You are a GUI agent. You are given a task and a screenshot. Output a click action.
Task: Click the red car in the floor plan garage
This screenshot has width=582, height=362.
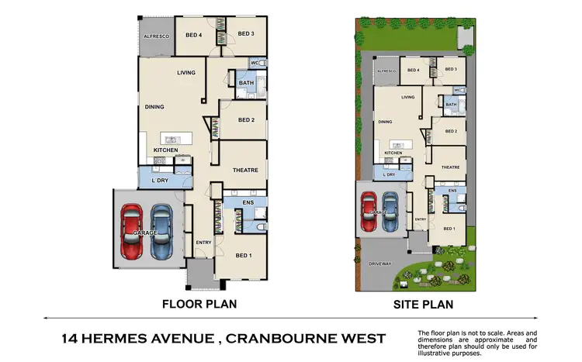(x=133, y=231)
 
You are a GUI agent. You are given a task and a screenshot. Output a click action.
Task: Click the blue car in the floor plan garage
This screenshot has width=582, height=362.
(x=161, y=231)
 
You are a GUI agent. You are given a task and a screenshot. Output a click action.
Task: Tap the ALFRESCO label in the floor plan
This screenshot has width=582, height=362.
(x=155, y=36)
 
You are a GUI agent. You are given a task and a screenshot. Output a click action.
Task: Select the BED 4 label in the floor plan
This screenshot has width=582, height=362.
(x=194, y=33)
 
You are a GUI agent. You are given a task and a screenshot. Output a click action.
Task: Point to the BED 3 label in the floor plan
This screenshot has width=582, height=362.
(x=246, y=33)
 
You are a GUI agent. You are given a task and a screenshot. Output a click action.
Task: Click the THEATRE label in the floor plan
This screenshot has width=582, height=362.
(x=244, y=170)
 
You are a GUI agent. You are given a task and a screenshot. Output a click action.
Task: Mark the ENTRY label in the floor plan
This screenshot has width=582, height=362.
(x=203, y=243)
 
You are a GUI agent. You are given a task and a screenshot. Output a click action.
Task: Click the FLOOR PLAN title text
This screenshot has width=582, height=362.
(x=198, y=304)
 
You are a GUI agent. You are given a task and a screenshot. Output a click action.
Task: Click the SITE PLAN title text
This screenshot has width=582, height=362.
(x=422, y=304)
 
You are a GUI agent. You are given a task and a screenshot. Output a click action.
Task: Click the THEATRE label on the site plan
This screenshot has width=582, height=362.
(x=451, y=167)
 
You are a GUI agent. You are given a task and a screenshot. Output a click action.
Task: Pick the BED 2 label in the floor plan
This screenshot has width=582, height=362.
(x=246, y=120)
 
